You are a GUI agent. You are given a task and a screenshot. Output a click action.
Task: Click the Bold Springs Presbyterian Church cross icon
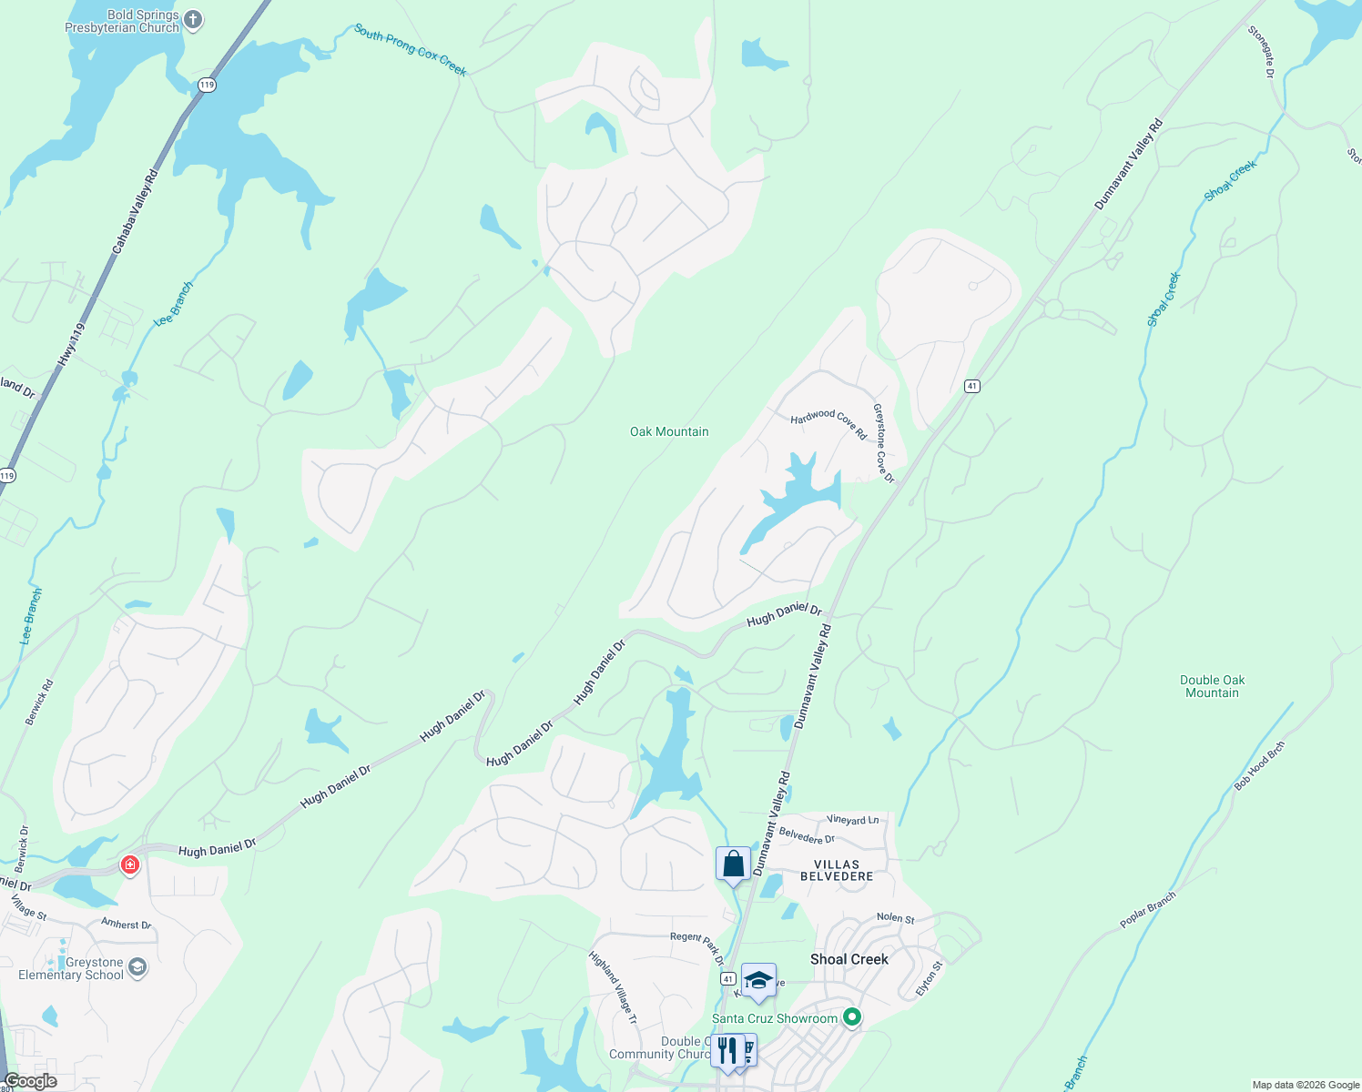tap(193, 19)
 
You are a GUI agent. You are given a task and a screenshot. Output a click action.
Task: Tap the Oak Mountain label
tap(669, 431)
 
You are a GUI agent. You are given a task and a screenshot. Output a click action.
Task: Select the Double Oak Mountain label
tap(1212, 686)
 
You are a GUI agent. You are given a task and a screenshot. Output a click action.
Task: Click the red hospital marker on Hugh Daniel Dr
tap(130, 864)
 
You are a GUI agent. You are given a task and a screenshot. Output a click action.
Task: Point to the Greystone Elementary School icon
tap(137, 966)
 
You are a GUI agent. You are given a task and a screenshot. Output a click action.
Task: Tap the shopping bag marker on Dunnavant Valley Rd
tap(733, 864)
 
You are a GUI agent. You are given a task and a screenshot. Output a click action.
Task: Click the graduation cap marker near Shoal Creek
tap(758, 981)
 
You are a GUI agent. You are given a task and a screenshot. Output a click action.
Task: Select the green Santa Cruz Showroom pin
tap(852, 1017)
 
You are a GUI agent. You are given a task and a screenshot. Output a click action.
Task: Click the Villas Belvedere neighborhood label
tap(837, 870)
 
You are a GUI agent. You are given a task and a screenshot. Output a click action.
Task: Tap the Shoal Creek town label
tap(849, 959)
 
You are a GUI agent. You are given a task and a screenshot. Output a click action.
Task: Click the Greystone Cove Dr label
tap(884, 443)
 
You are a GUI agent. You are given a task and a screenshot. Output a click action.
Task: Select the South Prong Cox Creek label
tap(411, 50)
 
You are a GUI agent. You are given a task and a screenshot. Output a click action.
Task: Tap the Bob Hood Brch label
tap(1260, 765)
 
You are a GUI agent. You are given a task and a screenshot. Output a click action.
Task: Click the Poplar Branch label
tap(1148, 909)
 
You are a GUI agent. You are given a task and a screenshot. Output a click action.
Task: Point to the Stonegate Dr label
tap(1261, 51)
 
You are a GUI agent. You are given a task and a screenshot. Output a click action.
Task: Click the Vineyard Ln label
tap(853, 820)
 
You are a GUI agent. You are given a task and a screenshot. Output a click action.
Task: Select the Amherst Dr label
tap(126, 924)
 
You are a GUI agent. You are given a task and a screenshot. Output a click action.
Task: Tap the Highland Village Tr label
tap(613, 987)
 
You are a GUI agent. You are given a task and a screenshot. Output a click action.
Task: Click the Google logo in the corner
tap(30, 1081)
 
